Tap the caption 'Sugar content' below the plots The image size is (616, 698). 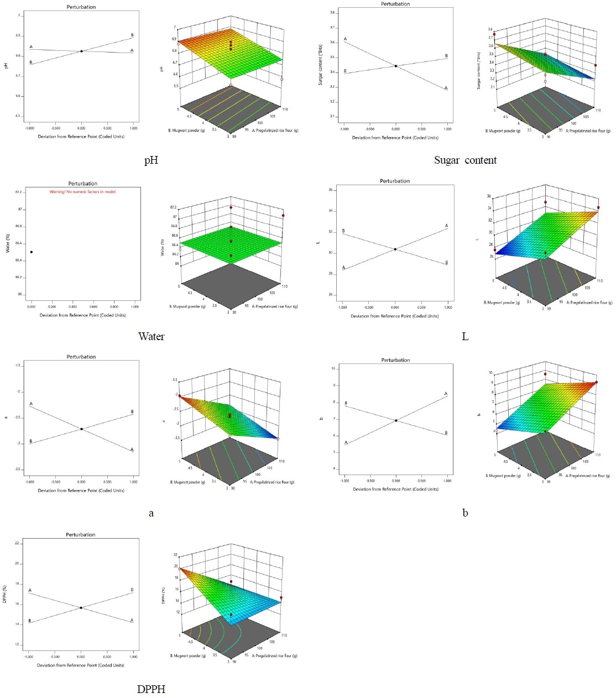(x=465, y=160)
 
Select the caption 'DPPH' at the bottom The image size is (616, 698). (x=151, y=689)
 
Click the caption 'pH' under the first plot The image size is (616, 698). (x=151, y=160)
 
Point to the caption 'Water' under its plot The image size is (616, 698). (x=151, y=336)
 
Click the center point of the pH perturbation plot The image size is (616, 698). (x=81, y=51)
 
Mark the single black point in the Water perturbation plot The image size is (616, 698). (x=32, y=252)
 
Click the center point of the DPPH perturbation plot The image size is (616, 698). (x=81, y=608)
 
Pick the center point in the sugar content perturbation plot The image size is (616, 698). (x=395, y=66)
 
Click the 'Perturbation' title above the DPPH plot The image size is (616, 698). (x=81, y=535)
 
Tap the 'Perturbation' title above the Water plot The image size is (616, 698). (x=83, y=184)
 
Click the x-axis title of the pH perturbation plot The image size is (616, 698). (x=81, y=137)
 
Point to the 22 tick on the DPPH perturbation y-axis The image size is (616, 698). (x=17, y=543)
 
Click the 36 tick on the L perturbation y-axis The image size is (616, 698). (x=331, y=190)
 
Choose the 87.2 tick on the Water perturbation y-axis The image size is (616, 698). (x=19, y=192)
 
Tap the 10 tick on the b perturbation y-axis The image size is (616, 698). (x=333, y=368)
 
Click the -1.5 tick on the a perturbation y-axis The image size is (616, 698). (x=18, y=366)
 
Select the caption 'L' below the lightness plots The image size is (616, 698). (x=465, y=336)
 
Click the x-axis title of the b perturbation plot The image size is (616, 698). (x=395, y=489)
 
